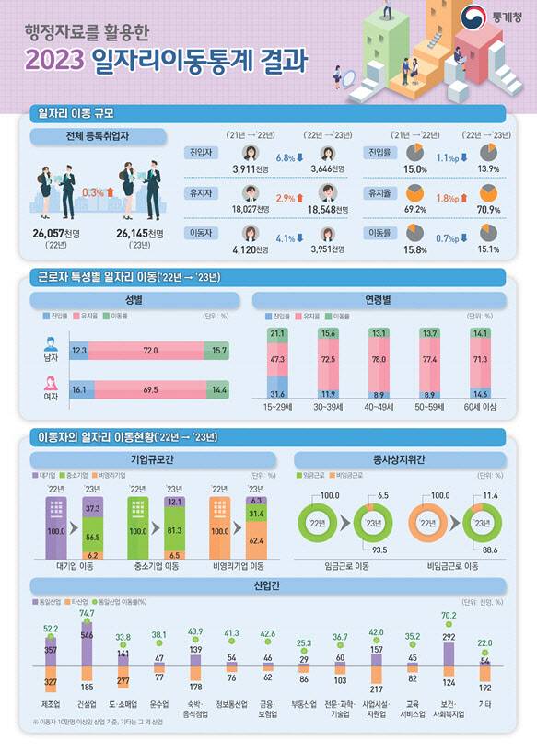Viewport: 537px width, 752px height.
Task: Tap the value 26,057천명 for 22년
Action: click(53, 234)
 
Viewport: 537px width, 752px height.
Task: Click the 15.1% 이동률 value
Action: click(488, 249)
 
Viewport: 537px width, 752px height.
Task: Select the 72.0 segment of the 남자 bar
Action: click(150, 351)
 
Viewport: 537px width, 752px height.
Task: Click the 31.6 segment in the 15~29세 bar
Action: click(276, 394)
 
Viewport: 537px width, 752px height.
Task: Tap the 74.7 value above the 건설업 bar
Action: click(88, 612)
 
